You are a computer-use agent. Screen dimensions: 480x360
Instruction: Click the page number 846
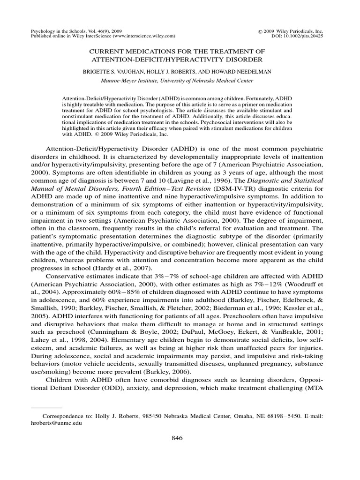pyautogui.click(x=177, y=438)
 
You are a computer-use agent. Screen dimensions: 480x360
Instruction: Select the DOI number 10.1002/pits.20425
pyautogui.click(x=312, y=35)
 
